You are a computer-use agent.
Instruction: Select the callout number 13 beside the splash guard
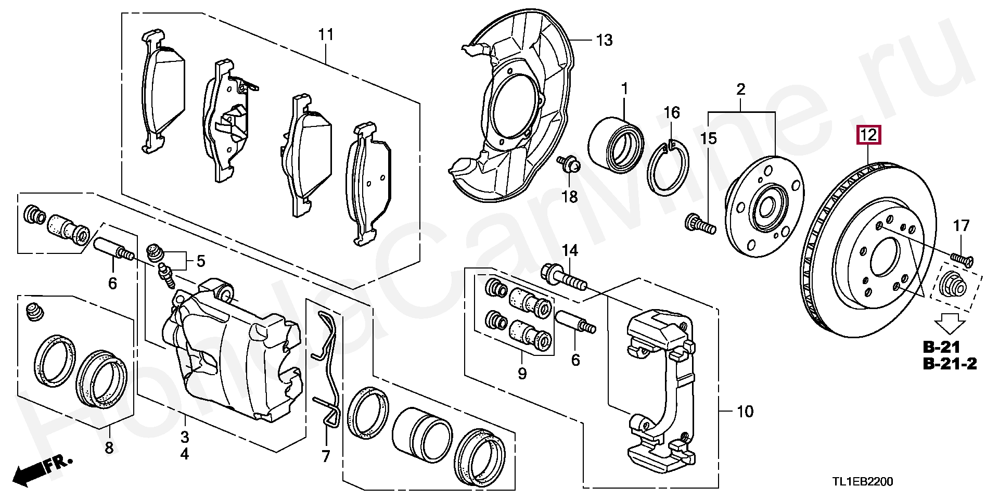point(604,40)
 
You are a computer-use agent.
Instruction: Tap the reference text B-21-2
point(950,364)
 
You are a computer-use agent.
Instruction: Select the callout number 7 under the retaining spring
point(325,457)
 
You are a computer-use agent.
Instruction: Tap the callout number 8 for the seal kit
point(109,447)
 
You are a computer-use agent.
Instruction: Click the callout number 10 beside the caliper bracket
point(745,412)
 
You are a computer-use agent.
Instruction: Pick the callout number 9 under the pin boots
point(522,373)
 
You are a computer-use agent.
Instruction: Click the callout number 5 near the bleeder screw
point(200,260)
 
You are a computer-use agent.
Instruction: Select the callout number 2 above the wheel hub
point(741,89)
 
